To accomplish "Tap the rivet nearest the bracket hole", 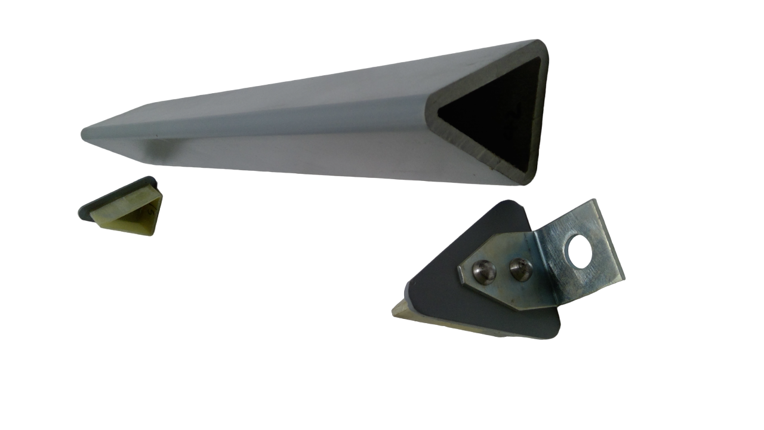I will coord(520,269).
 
